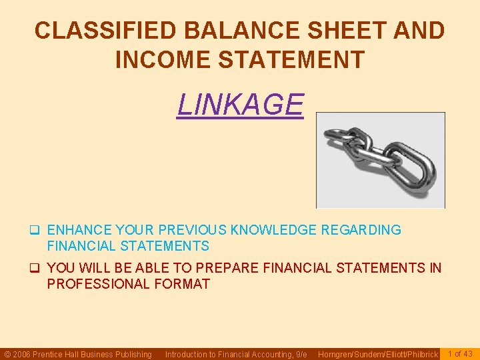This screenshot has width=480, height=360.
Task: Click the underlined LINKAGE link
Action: (240, 105)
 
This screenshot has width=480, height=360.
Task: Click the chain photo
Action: (380, 160)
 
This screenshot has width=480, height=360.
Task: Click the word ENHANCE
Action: (79, 230)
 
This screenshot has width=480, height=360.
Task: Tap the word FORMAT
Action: (185, 284)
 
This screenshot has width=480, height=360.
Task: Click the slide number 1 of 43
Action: (460, 353)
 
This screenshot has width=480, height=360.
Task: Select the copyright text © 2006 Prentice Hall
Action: (78, 354)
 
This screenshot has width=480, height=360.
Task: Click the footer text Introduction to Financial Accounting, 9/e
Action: (236, 354)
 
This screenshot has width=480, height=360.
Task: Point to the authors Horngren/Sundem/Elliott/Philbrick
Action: (378, 354)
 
